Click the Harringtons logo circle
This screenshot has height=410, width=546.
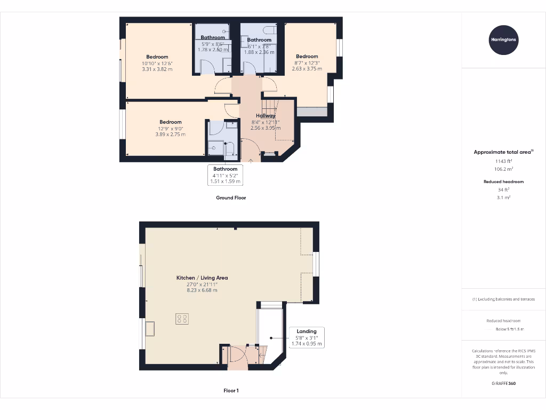[503, 40]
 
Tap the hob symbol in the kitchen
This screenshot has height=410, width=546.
[182, 319]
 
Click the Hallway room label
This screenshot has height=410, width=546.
[266, 116]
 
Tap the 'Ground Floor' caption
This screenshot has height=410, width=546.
[231, 198]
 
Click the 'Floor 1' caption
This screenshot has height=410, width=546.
[231, 391]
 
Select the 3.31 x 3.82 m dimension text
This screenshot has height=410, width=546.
[157, 69]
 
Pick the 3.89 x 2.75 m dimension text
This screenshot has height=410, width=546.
[171, 134]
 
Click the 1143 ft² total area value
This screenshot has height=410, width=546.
[503, 161]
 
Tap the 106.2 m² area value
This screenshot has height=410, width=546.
[503, 168]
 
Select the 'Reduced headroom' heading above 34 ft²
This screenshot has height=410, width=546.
[503, 182]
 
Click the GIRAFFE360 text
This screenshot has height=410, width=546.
[503, 383]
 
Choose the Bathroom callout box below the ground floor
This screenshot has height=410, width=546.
[226, 175]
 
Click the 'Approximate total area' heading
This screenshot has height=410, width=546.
[503, 152]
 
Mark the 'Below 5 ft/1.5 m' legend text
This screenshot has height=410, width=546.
[510, 329]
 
